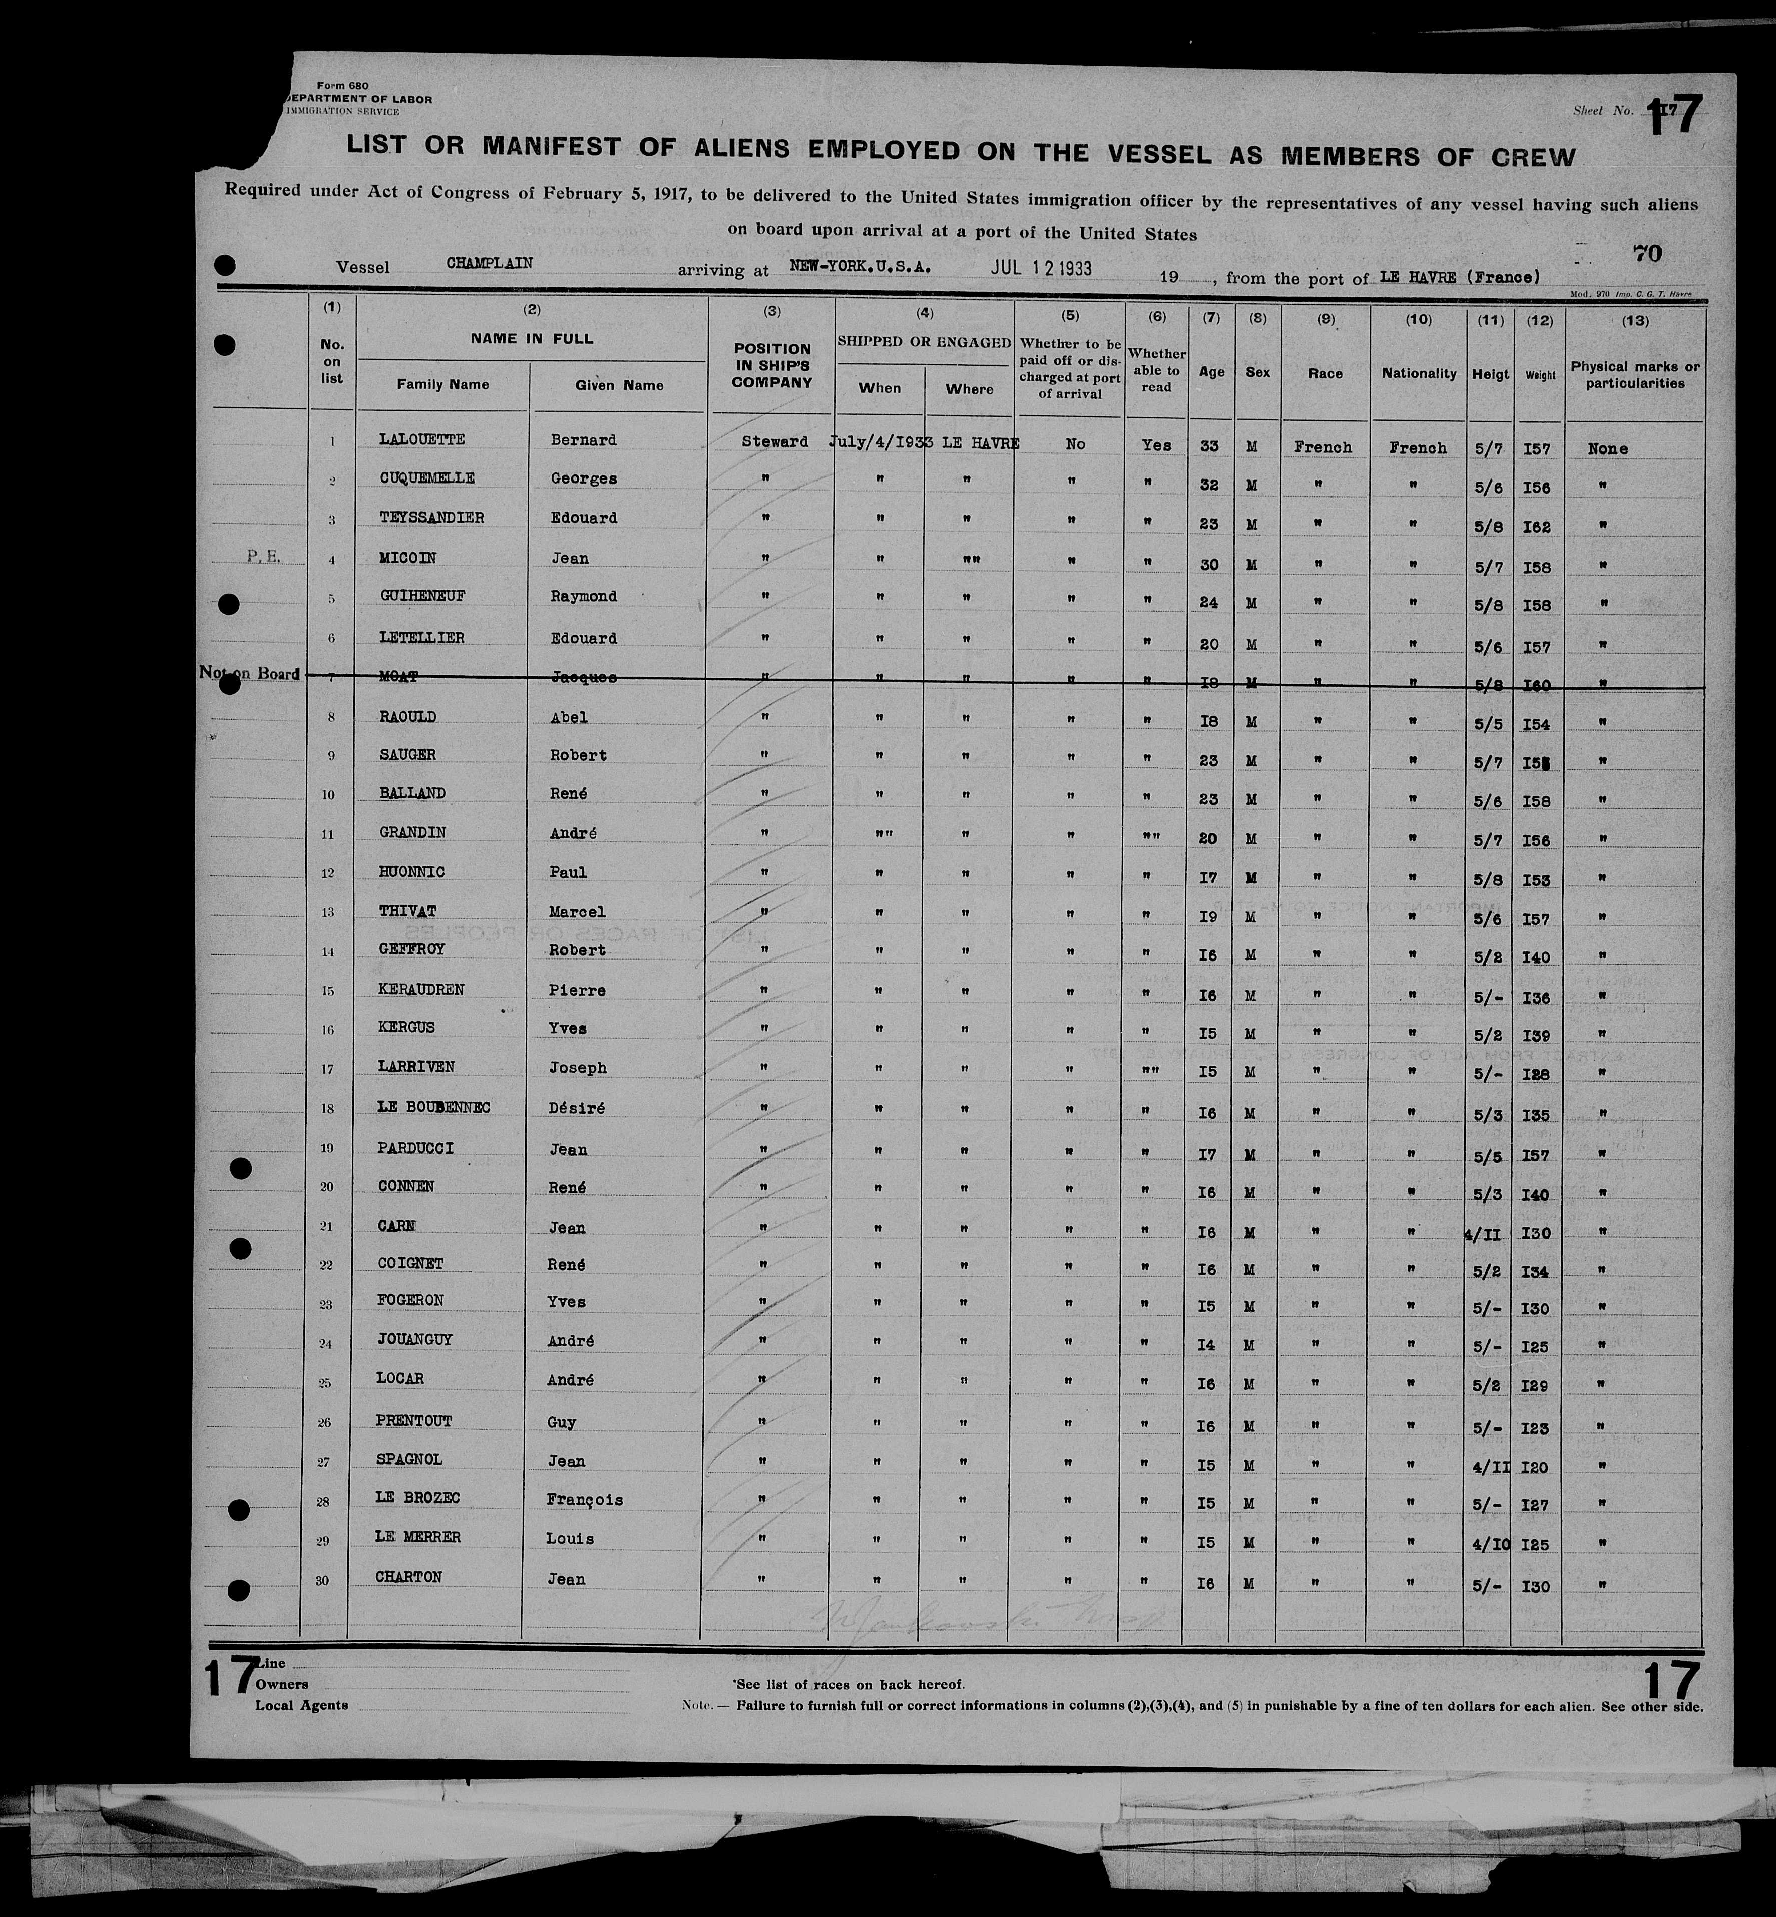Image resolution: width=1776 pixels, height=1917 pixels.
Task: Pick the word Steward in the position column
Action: point(774,442)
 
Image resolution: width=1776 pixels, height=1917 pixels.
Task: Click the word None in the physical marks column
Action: point(1608,449)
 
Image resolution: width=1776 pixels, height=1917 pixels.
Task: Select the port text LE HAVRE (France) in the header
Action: point(1459,277)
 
